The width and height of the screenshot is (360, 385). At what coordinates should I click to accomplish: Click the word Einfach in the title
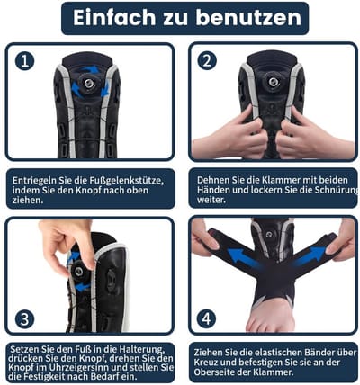tap(114, 17)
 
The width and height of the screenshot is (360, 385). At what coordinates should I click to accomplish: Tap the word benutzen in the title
tap(248, 17)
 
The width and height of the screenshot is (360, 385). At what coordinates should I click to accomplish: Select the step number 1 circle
tap(24, 61)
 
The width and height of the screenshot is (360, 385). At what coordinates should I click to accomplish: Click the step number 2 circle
tap(207, 61)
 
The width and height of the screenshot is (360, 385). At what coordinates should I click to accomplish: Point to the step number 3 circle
tap(24, 319)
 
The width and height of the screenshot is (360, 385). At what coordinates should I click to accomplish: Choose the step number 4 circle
tap(206, 318)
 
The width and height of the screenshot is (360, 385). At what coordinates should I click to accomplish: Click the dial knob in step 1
tap(88, 83)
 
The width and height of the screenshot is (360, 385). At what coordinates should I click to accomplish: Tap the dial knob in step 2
tap(273, 82)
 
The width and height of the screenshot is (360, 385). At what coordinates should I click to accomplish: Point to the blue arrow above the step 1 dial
tap(91, 69)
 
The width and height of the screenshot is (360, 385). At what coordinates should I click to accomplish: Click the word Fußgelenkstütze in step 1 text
tap(126, 181)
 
